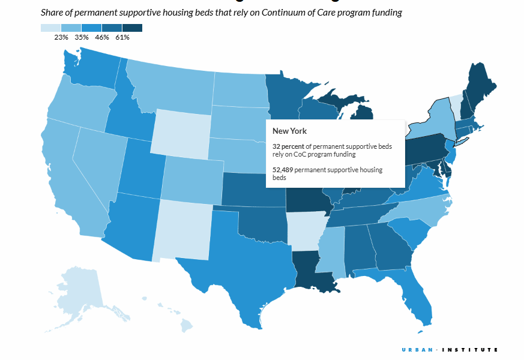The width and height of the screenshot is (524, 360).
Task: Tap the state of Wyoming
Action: (x=180, y=132)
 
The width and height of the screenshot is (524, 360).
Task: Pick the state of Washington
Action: (x=90, y=69)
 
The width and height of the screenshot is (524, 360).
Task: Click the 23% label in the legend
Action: (x=61, y=37)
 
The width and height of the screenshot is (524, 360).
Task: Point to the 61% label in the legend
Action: (x=122, y=37)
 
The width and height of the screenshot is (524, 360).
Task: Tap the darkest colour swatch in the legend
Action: (x=132, y=28)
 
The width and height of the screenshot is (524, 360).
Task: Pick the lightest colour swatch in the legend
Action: (x=51, y=28)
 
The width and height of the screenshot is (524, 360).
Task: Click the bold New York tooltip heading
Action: (x=289, y=131)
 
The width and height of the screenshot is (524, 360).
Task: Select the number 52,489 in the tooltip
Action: (x=283, y=170)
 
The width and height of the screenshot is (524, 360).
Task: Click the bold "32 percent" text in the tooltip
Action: (x=288, y=146)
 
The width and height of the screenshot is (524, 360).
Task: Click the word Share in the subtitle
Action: (x=52, y=12)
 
